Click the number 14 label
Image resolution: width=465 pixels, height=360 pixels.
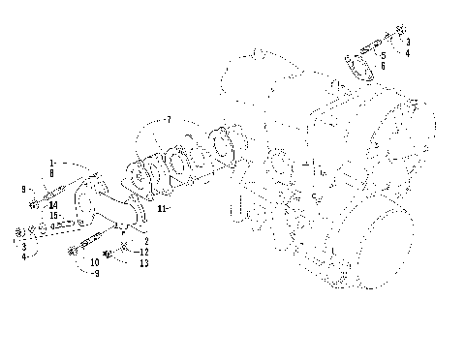(x=52, y=205)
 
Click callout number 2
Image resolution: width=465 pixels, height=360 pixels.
(x=145, y=240)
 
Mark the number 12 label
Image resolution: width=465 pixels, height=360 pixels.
(x=143, y=251)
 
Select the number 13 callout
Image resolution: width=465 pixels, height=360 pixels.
(x=143, y=262)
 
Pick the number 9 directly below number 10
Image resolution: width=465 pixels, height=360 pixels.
(x=95, y=273)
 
